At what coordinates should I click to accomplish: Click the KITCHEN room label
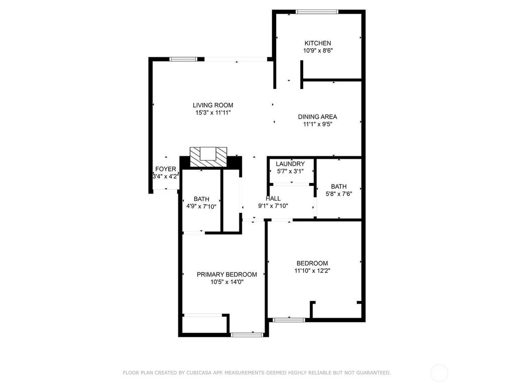click(x=317, y=43)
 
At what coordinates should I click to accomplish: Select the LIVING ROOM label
click(x=213, y=105)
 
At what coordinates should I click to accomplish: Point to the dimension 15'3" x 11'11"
click(x=213, y=113)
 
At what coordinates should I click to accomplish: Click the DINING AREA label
click(x=317, y=117)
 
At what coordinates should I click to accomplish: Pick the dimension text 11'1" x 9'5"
click(x=317, y=124)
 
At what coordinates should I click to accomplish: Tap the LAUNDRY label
click(x=290, y=164)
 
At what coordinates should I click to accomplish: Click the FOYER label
click(x=166, y=169)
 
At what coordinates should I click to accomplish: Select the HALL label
click(x=273, y=199)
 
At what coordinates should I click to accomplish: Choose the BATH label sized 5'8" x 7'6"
click(x=338, y=186)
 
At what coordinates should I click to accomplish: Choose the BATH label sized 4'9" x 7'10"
click(x=201, y=199)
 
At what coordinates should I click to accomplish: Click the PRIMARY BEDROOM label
click(x=227, y=274)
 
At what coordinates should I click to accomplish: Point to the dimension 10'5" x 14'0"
click(x=227, y=282)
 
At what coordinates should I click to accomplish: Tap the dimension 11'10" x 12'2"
click(x=312, y=270)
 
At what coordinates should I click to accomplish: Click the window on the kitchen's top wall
click(x=317, y=12)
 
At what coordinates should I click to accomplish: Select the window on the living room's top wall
click(x=183, y=59)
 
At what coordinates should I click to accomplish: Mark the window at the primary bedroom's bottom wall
click(x=247, y=334)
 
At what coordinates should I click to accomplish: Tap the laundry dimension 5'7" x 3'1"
click(x=290, y=171)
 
